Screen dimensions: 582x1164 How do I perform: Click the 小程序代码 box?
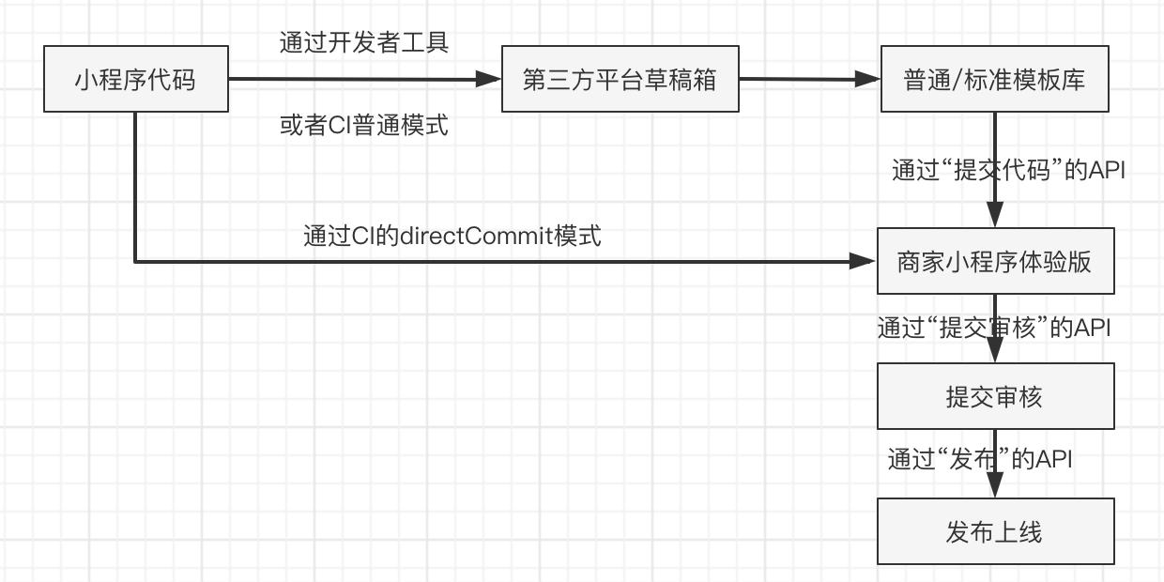(x=135, y=80)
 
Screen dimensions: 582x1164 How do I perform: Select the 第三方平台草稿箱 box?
(x=620, y=80)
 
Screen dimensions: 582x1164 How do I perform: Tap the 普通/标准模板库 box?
(x=995, y=80)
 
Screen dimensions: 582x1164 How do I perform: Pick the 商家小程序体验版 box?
(x=995, y=262)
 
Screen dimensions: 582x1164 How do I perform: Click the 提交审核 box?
(x=995, y=397)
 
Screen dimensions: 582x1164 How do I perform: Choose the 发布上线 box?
(x=995, y=532)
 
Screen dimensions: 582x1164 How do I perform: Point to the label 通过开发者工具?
(x=364, y=42)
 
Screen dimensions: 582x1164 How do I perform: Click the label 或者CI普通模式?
(x=364, y=125)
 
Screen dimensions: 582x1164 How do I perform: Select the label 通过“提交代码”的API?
(x=1007, y=171)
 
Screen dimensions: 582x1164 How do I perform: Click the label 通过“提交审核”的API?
(x=994, y=329)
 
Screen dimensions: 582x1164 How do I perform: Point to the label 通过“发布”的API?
(x=980, y=460)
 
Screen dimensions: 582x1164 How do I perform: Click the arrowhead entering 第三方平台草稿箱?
(x=490, y=80)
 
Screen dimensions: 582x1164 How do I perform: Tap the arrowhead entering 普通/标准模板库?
(x=869, y=80)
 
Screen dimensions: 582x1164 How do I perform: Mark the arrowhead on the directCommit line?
(x=865, y=262)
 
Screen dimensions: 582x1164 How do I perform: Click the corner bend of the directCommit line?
(x=135, y=262)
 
